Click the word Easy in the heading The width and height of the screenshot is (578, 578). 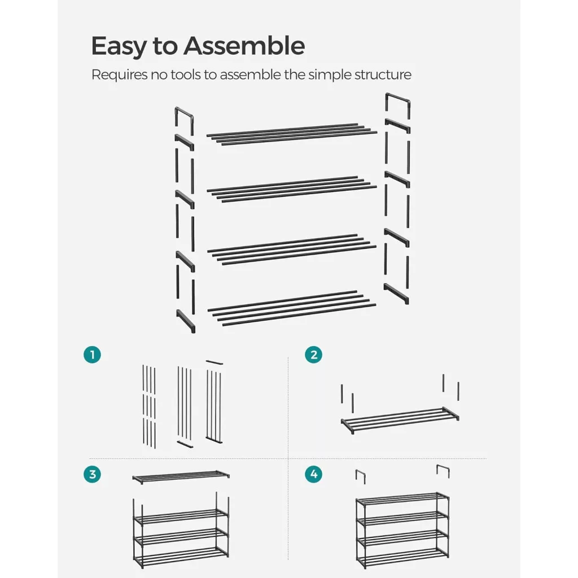pos(119,47)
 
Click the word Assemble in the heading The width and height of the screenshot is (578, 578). pos(244,46)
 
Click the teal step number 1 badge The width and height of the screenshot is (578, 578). pos(92,354)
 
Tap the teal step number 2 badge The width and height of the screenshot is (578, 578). pos(313,354)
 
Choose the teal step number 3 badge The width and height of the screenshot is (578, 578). pos(92,474)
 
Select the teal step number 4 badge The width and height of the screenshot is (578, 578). pos(313,474)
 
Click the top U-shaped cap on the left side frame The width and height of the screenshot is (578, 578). pos(183,113)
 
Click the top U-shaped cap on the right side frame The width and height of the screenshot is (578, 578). pos(398,98)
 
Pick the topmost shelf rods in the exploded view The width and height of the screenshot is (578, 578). pos(292,134)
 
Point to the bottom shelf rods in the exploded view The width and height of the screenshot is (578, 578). pos(292,308)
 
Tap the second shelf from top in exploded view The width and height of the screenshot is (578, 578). pos(292,189)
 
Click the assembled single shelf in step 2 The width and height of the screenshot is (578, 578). pos(400,420)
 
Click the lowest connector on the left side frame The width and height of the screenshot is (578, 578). pos(185,321)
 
